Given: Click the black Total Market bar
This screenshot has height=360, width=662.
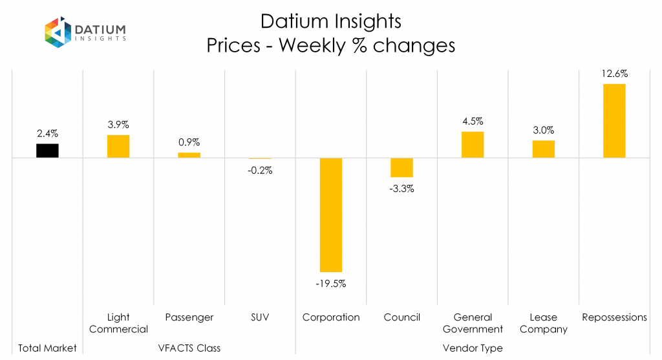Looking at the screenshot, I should pyautogui.click(x=47, y=151).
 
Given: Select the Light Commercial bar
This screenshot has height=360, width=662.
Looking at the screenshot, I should pyautogui.click(x=118, y=146).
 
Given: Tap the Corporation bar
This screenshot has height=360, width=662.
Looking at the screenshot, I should pyautogui.click(x=330, y=215).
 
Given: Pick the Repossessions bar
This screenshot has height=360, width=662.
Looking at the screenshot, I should pyautogui.click(x=614, y=121).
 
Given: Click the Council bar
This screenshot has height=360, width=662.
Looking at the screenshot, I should pyautogui.click(x=401, y=167).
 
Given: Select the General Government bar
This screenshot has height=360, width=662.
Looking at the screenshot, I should pyautogui.click(x=473, y=145).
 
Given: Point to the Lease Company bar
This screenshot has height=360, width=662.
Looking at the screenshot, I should pyautogui.click(x=543, y=149).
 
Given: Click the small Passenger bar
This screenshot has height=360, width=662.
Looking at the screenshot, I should pyautogui.click(x=189, y=155).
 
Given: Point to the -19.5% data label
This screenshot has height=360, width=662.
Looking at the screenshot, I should pyautogui.click(x=331, y=283).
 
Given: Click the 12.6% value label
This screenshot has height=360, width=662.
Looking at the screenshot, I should pyautogui.click(x=614, y=74).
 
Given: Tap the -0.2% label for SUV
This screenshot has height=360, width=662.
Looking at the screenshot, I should pyautogui.click(x=261, y=171).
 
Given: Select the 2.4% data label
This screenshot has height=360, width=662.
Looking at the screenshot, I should pyautogui.click(x=47, y=133).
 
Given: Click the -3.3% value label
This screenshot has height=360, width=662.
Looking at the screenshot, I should pyautogui.click(x=401, y=189).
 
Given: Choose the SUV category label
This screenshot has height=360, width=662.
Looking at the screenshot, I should pyautogui.click(x=260, y=317).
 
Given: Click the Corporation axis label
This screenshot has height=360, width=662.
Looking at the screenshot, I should pyautogui.click(x=330, y=317).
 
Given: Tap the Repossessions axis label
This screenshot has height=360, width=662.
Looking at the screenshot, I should pyautogui.click(x=614, y=317).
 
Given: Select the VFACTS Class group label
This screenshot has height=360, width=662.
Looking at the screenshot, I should pyautogui.click(x=189, y=348).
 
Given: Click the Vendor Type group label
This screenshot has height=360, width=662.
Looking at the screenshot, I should pyautogui.click(x=473, y=348).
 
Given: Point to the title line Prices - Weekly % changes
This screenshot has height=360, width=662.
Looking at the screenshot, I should pyautogui.click(x=330, y=46).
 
